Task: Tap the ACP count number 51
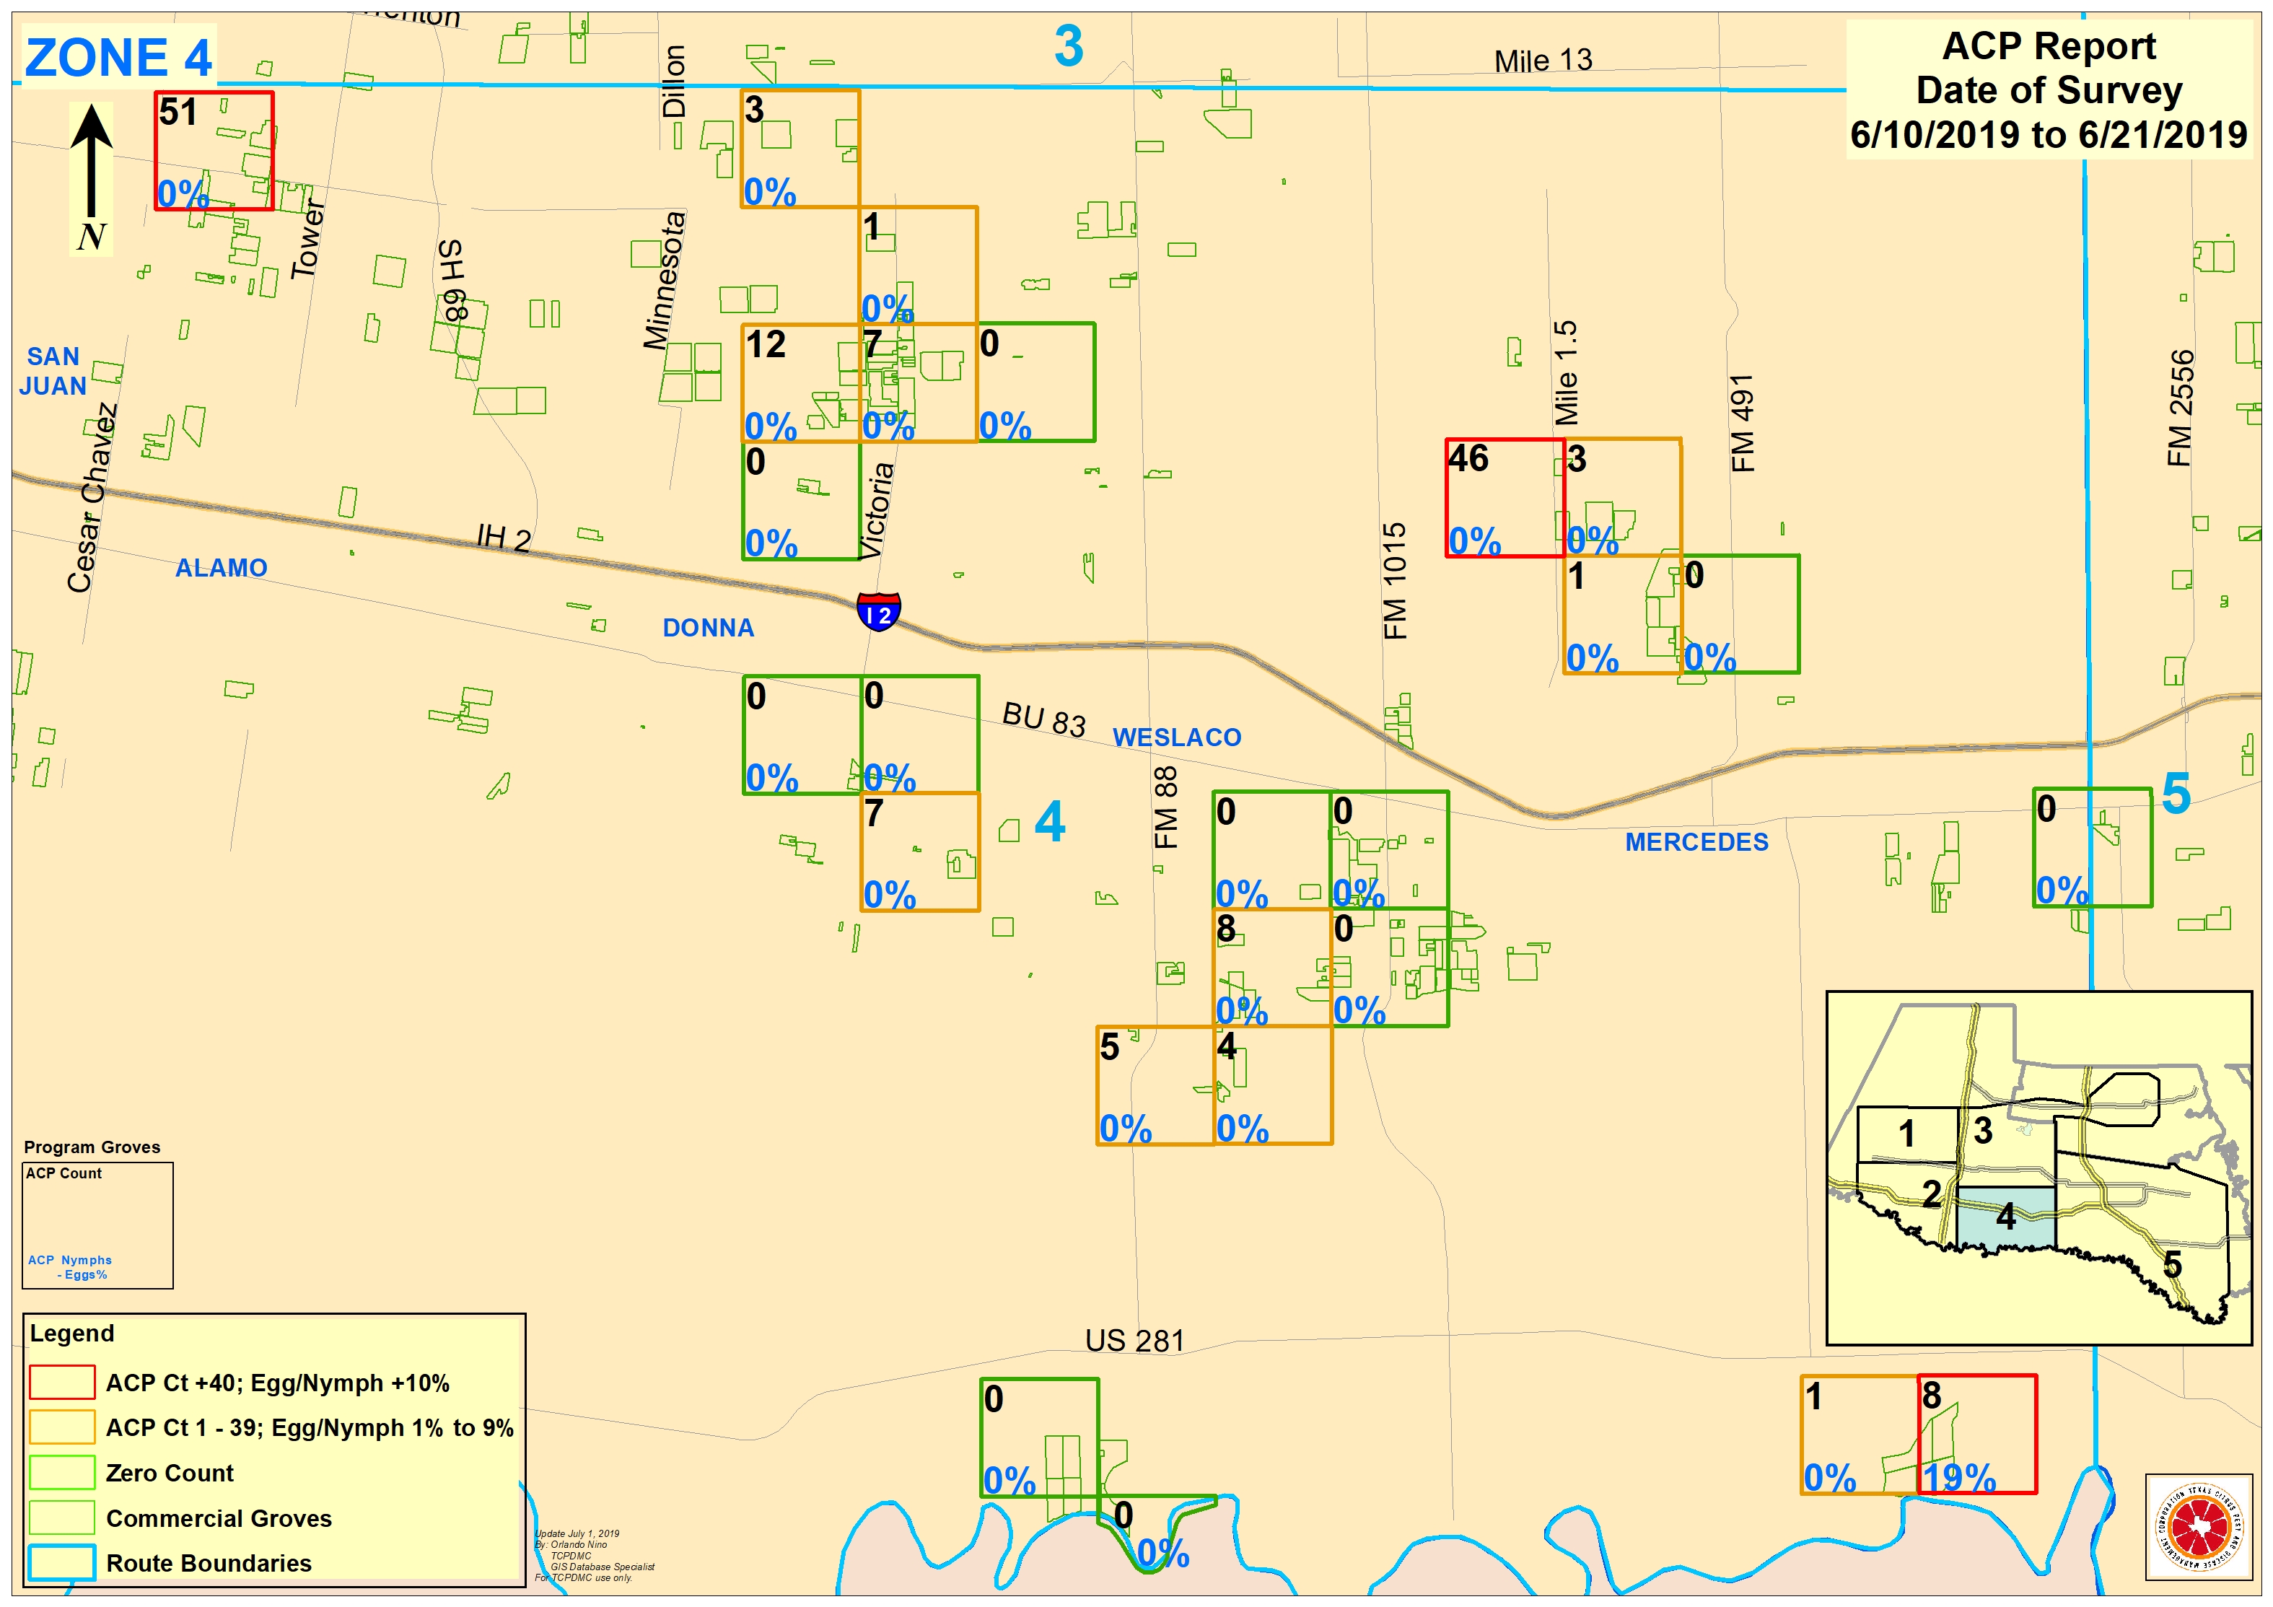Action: [x=178, y=112]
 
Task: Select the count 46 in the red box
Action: [x=1468, y=458]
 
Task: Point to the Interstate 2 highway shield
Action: [x=878, y=611]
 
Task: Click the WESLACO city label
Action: [x=1176, y=737]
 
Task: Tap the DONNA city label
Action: [x=708, y=628]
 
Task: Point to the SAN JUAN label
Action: [x=53, y=372]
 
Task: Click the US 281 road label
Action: [x=1134, y=1341]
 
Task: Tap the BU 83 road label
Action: [x=1043, y=720]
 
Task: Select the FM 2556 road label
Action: [x=2180, y=408]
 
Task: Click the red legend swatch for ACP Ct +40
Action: [x=61, y=1383]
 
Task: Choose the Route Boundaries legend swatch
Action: [x=61, y=1562]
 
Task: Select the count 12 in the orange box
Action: [x=766, y=345]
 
